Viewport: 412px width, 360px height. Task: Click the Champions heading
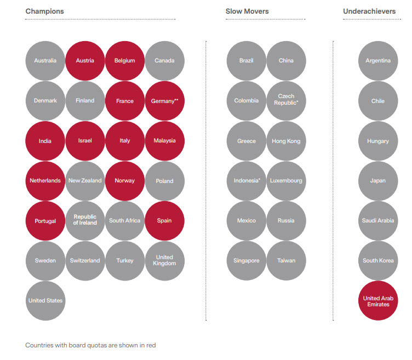(44, 11)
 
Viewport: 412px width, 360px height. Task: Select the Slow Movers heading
(247, 11)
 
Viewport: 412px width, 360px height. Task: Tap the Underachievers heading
(369, 11)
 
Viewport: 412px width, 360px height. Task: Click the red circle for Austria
(85, 61)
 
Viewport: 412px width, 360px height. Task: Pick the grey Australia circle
(45, 61)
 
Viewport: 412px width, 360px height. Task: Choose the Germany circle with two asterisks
(164, 101)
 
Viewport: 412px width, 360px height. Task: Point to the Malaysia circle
(164, 141)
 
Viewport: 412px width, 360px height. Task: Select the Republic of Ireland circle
(85, 220)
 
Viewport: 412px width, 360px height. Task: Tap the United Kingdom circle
(164, 260)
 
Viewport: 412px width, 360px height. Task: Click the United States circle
(45, 300)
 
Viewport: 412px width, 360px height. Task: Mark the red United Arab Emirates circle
(378, 301)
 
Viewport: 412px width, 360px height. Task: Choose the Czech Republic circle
(286, 100)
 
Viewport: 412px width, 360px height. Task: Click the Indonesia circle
(247, 181)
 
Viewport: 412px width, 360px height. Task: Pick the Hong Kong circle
(286, 141)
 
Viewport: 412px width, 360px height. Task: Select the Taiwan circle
(286, 260)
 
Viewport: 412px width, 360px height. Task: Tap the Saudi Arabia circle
(378, 221)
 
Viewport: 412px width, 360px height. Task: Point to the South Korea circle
(378, 260)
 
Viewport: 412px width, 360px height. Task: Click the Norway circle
(125, 181)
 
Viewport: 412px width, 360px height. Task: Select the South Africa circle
(125, 221)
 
